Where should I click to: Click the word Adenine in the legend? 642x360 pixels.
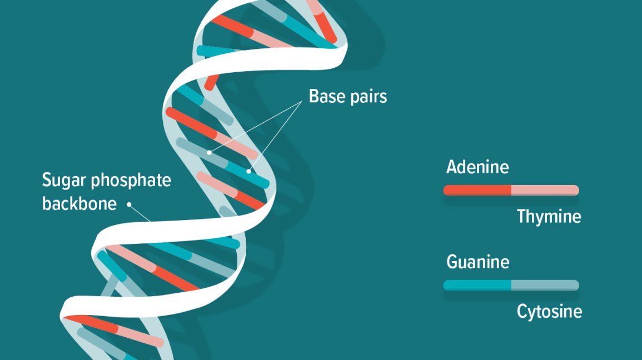coord(477,167)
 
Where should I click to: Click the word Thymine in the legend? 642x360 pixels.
coord(549,217)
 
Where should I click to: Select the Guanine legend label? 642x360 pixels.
coord(477,262)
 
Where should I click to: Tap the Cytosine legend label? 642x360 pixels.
coord(549,312)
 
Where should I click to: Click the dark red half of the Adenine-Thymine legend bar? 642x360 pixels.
coord(477,191)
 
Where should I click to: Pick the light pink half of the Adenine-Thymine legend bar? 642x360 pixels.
coord(545,191)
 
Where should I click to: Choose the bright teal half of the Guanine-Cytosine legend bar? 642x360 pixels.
coord(477,285)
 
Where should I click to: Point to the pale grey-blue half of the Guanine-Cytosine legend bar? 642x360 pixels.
coord(545,285)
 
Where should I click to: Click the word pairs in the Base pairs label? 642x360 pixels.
coord(368,98)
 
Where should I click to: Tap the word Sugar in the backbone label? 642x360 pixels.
coord(64,181)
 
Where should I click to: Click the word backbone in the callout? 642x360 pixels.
coord(79,203)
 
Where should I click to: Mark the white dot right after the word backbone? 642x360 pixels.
coord(129,204)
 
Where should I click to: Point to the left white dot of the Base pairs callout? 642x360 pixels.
coord(210,152)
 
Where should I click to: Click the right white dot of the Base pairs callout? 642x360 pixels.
coord(248,171)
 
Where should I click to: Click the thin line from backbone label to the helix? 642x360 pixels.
coord(141,213)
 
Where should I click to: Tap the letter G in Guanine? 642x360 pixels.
coord(452,262)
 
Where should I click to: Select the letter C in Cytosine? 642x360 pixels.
coord(522,312)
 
